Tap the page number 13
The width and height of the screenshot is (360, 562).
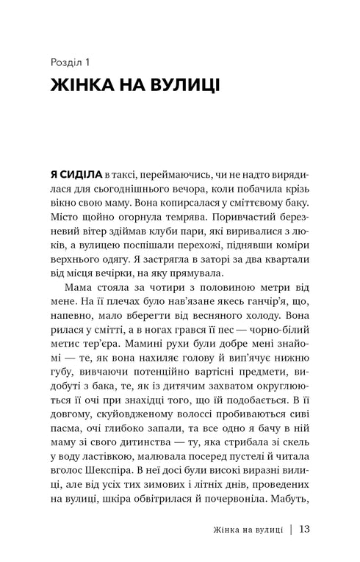[x=306, y=547]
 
